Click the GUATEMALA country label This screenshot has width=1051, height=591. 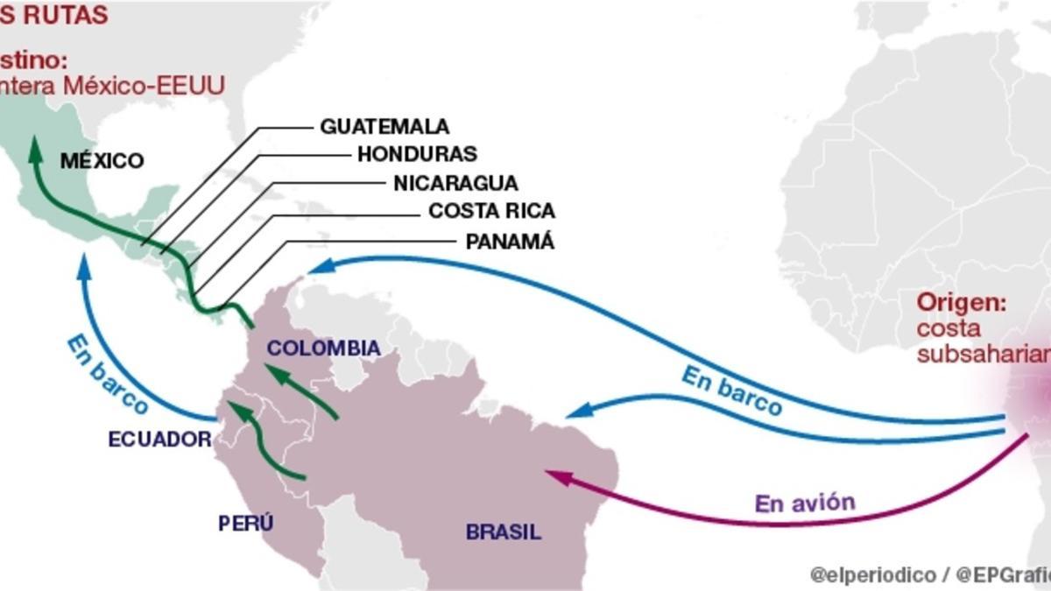pos(384,126)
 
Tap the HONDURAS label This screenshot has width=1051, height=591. pos(417,154)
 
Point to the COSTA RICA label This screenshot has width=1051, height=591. pos(491,212)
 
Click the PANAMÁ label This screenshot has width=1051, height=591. pos(510,242)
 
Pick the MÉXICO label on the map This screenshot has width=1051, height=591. pos(102,161)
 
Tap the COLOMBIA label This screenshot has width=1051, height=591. pos(323,348)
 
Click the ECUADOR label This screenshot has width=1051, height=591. pos(160,440)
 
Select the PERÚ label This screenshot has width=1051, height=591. pos(246,524)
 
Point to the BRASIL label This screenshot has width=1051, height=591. pos(504,531)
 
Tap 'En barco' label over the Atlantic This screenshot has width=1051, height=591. pos(732,390)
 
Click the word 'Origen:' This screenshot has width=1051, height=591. pos(962,304)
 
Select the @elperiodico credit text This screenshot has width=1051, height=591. pos(871,575)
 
